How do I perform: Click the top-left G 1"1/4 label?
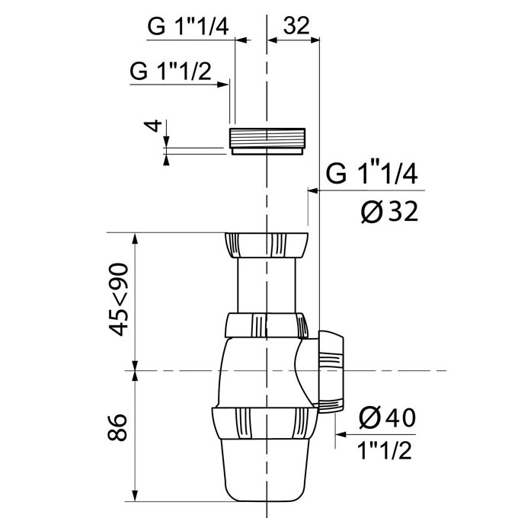pos(187,26)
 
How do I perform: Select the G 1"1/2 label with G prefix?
pos(170,71)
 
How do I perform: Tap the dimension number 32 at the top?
pos(296,25)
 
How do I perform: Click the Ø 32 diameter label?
pos(389,212)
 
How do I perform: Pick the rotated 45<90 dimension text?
pos(118,299)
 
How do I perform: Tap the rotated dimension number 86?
pos(117,427)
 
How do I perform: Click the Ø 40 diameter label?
pos(387,417)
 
